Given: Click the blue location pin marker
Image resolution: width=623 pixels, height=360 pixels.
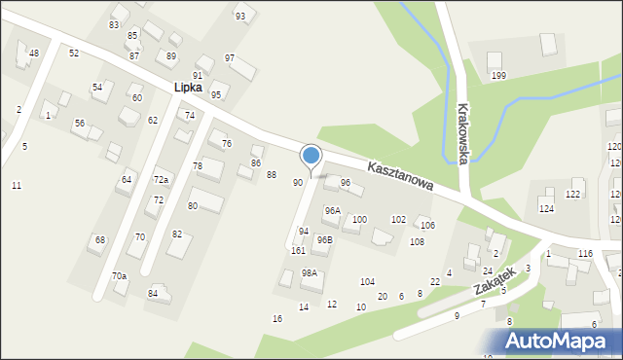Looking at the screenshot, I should click(x=311, y=156).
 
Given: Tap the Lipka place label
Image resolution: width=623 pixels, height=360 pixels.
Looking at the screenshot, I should click(x=188, y=88).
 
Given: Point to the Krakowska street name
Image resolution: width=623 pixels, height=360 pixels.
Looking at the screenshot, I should click(x=463, y=133).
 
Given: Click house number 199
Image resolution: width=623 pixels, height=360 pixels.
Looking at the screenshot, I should click(x=498, y=76).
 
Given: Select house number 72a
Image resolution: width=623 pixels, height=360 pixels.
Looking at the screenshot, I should click(x=161, y=180).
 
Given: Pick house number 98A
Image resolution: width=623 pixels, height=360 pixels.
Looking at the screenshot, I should click(x=310, y=273).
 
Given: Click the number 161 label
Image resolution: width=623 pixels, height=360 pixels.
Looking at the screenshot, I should click(x=298, y=251).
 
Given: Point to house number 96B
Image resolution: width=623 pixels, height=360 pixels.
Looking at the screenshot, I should click(x=324, y=239).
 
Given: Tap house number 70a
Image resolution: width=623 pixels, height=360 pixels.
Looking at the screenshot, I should click(x=119, y=276).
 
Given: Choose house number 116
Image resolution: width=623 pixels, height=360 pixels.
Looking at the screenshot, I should click(x=584, y=253).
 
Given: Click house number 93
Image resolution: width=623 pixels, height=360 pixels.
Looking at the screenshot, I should click(x=240, y=17).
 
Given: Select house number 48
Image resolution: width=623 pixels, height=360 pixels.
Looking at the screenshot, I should click(x=34, y=53).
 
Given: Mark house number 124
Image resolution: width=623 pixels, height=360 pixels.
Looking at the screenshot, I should click(x=546, y=209).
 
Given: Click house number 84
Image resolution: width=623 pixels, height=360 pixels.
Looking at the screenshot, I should click(x=153, y=293).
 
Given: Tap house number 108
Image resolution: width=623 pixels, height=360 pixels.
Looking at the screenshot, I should click(x=417, y=242).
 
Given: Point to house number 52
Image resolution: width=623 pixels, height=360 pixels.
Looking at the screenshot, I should click(x=74, y=53).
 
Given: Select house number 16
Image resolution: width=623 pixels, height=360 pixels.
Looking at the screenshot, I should click(x=277, y=319).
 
